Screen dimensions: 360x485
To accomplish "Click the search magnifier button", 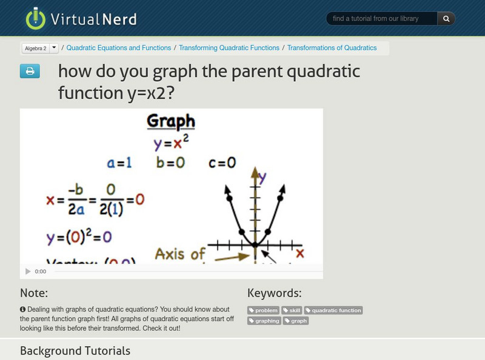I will (446, 19).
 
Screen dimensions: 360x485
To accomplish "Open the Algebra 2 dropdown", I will (40, 48).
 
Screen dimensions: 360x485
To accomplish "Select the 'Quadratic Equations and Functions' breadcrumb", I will (119, 48).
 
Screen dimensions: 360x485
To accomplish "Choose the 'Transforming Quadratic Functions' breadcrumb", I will (229, 48).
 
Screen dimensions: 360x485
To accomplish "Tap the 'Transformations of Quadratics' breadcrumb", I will (332, 48).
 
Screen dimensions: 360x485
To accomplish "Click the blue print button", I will (29, 72).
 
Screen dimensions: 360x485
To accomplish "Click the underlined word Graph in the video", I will (171, 121).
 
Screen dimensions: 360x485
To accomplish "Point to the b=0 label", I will (171, 163).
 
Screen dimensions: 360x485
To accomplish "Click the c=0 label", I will (222, 163).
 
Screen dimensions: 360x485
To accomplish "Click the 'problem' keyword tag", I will (263, 310).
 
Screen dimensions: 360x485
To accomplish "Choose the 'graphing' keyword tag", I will (264, 321).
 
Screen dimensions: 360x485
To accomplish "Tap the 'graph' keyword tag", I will (296, 321).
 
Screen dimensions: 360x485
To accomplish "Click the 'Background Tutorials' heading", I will (75, 350).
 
